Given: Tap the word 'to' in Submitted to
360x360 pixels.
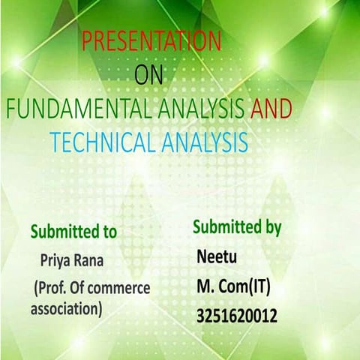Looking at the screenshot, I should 109,232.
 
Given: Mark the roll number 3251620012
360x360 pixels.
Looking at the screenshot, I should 236,316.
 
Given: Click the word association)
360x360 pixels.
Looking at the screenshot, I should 66,307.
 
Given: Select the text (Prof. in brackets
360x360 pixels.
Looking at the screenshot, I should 52,287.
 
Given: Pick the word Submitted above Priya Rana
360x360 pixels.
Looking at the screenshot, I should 63,232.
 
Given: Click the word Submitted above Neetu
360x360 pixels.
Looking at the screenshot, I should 224,226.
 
